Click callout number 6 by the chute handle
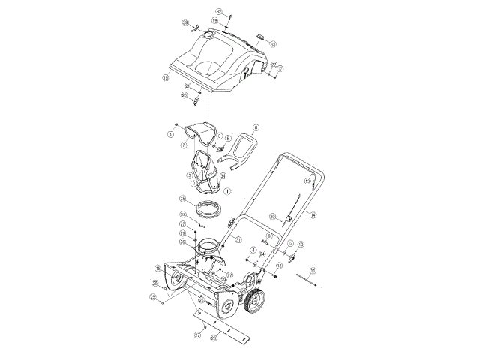256,127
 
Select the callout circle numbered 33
272,44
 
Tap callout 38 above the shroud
185,22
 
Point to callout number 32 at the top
219,12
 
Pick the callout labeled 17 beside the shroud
280,68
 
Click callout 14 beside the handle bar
313,214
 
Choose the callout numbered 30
273,217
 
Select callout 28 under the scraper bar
214,338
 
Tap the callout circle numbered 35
182,199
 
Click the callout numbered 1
228,191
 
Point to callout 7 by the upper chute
184,144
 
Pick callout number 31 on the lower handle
238,240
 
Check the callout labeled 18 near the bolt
279,265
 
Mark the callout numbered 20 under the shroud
184,96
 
